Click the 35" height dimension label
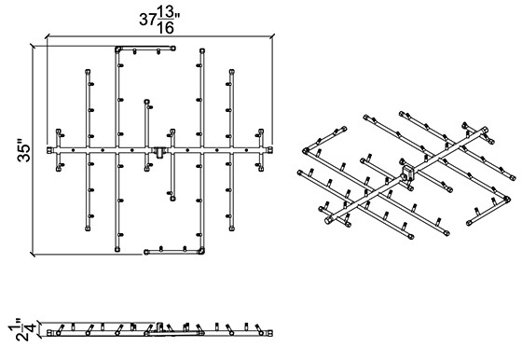tap(24, 153)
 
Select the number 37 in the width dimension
tap(147, 20)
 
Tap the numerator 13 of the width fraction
tap(166, 13)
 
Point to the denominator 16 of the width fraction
tap(166, 28)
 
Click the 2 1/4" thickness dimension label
tap(23, 330)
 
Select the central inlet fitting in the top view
tap(159, 152)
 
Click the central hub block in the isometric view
tap(407, 173)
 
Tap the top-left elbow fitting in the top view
tap(117, 49)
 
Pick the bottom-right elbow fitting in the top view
tap(201, 251)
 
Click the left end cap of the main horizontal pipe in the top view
tap(48, 150)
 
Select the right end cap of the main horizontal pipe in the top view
tap(270, 150)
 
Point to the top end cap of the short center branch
tap(146, 102)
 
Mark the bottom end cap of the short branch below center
tap(172, 199)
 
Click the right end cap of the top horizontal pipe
tap(172, 48)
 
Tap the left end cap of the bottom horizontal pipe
tap(146, 252)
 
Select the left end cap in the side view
tap(49, 333)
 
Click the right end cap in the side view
tap(270, 333)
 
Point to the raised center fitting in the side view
tap(159, 326)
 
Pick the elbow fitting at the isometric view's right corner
tap(507, 200)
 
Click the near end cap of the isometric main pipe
tap(328, 220)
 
